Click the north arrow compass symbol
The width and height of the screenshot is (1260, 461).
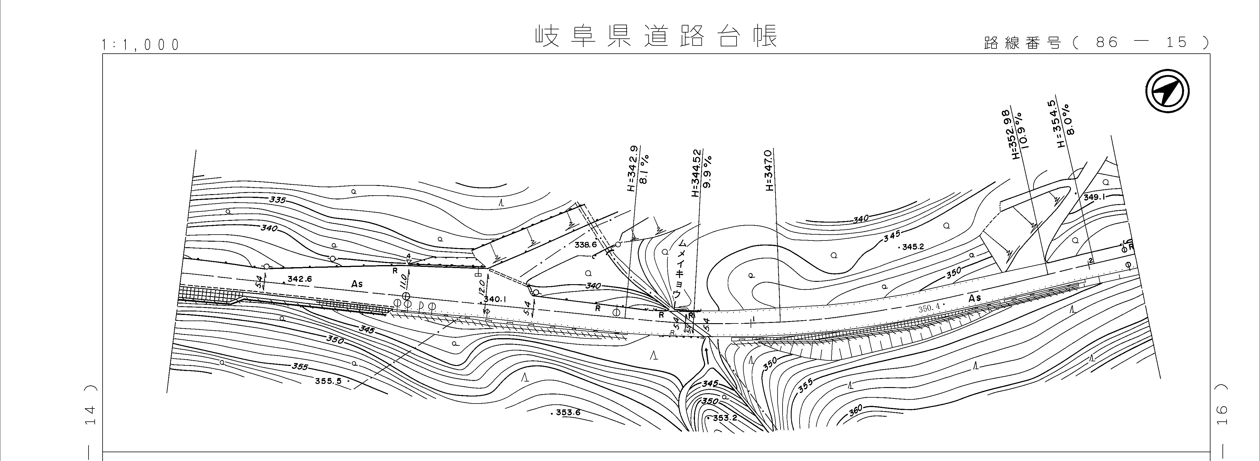coord(1168,91)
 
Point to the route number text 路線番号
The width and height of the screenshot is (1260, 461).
coord(1022,43)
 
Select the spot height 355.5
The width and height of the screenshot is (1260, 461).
coord(329,380)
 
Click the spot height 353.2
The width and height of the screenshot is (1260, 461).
coord(724,418)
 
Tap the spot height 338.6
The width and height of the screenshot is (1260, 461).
coord(586,245)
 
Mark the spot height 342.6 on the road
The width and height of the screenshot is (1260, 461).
coord(299,279)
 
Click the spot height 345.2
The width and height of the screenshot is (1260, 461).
coord(913,247)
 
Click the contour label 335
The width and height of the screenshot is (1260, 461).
coord(277,200)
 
